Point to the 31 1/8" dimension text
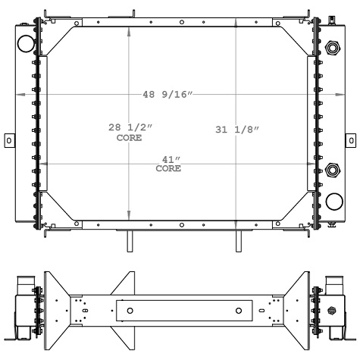point(237,130)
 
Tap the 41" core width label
point(168,160)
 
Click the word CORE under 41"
point(168,168)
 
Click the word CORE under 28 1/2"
point(129,139)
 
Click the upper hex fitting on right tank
point(331,49)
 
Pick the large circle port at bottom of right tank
point(333,201)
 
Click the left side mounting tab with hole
point(8,140)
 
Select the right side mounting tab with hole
point(350,140)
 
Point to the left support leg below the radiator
point(128,243)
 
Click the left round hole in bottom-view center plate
point(130,311)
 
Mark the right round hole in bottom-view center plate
point(239,311)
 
